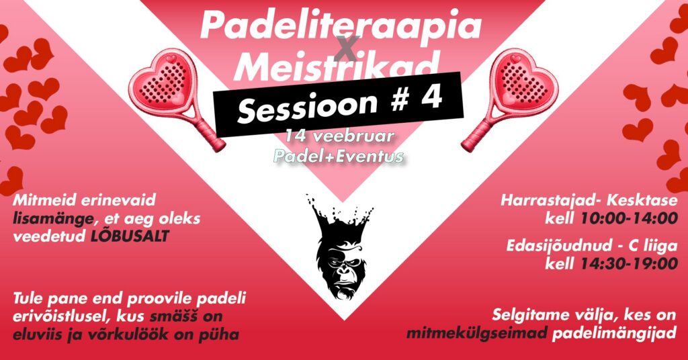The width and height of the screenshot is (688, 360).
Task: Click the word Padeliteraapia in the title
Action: pos(341,27)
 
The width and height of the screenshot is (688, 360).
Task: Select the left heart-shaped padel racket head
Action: pos(161,81)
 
